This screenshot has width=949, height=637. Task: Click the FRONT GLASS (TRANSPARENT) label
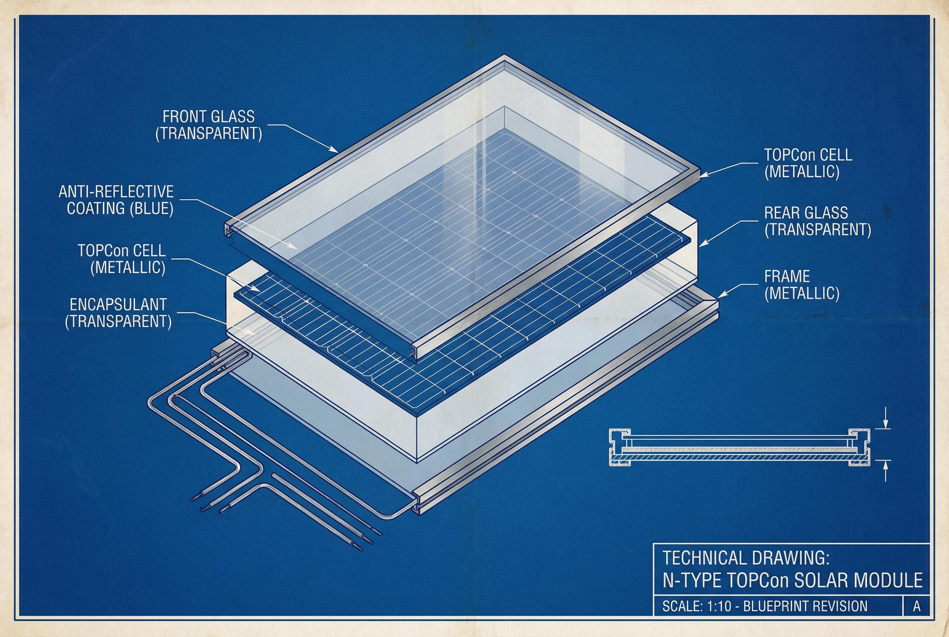click(x=209, y=125)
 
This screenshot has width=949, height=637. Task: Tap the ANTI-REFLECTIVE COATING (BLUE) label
click(x=116, y=200)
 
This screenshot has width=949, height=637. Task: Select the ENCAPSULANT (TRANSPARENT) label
click(x=119, y=313)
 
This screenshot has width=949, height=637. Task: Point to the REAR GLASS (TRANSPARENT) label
click(x=818, y=221)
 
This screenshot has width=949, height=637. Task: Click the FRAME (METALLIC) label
click(x=801, y=284)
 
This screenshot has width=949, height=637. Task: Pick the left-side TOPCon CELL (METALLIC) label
click(x=122, y=259)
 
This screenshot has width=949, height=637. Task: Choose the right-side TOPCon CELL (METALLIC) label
click(x=809, y=163)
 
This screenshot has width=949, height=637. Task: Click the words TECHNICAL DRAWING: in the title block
click(x=746, y=558)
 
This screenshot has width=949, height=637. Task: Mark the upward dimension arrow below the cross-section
click(x=886, y=471)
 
